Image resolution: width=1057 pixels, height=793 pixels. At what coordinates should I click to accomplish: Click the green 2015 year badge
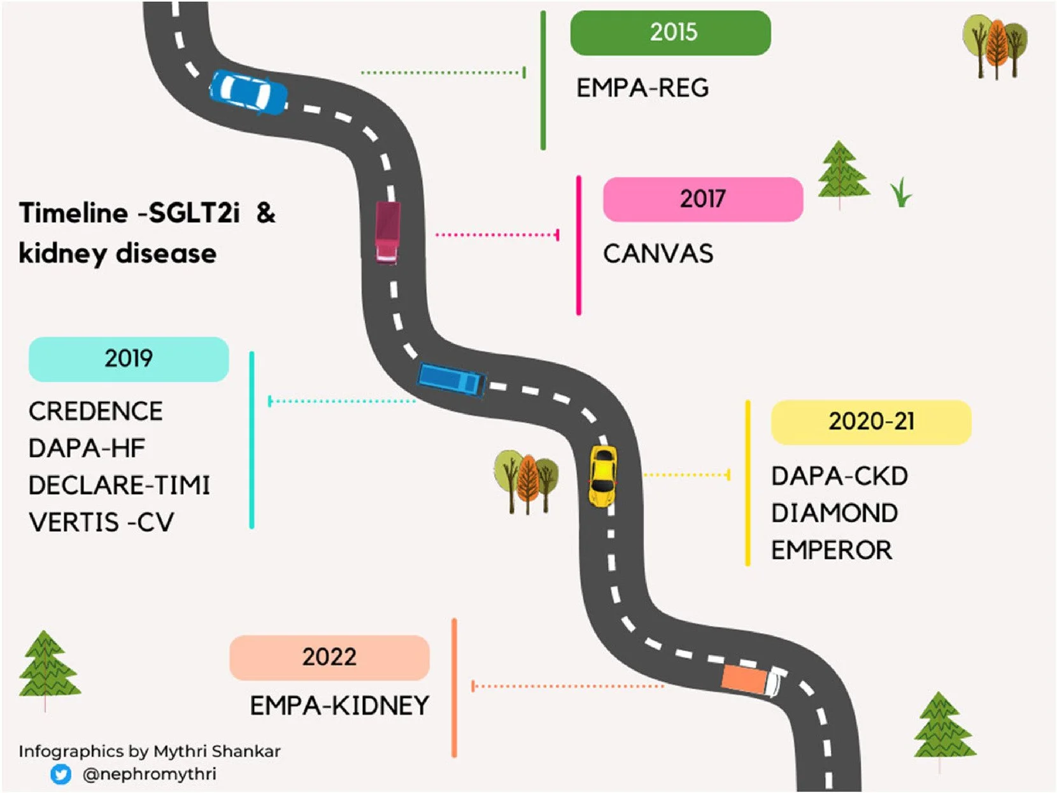click(670, 32)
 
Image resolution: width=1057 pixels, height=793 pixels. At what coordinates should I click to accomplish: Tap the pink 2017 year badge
click(702, 199)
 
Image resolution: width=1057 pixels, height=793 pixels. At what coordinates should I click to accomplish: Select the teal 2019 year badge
click(129, 359)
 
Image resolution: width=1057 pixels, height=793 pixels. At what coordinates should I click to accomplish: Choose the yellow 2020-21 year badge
click(870, 422)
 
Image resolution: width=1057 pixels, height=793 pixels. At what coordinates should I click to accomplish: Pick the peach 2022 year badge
click(329, 657)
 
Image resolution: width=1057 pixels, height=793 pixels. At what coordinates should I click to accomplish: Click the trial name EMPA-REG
click(642, 88)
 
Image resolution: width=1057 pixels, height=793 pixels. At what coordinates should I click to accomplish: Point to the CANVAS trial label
click(658, 254)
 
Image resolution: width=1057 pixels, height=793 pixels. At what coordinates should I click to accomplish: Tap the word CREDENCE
click(96, 411)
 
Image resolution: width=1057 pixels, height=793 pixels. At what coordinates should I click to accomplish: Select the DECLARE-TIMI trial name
click(119, 485)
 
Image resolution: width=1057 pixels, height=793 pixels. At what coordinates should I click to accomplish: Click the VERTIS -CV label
click(101, 522)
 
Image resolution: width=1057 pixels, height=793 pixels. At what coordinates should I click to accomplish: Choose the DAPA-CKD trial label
click(839, 476)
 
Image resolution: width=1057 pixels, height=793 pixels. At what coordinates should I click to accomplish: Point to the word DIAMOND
click(834, 513)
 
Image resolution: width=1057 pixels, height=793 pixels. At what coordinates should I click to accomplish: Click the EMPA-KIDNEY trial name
click(339, 706)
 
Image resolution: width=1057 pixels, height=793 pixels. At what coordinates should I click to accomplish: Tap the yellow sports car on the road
click(602, 475)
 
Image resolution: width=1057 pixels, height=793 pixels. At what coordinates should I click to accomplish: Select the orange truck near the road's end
click(750, 679)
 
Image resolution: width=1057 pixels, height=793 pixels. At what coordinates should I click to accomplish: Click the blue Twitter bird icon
click(61, 774)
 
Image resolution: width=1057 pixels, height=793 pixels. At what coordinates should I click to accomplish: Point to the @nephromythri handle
click(149, 774)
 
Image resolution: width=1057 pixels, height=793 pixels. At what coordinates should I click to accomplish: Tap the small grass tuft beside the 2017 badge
click(901, 192)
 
